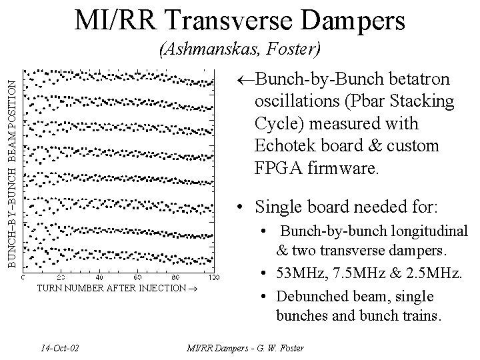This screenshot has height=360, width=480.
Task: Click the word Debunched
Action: (x=312, y=295)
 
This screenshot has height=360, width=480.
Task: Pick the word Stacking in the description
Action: (x=426, y=102)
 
